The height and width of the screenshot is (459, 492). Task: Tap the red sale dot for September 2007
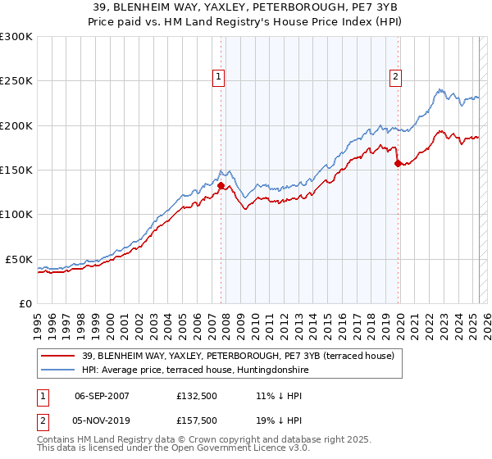pyautogui.click(x=221, y=185)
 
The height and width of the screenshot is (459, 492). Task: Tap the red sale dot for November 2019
pyautogui.click(x=398, y=163)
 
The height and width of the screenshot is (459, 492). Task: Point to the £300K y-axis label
pyautogui.click(x=16, y=37)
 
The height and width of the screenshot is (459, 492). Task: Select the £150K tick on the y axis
pyautogui.click(x=16, y=170)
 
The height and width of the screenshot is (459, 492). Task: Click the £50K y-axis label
pyautogui.click(x=19, y=259)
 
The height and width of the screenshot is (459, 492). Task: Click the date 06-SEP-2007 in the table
pyautogui.click(x=102, y=395)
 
